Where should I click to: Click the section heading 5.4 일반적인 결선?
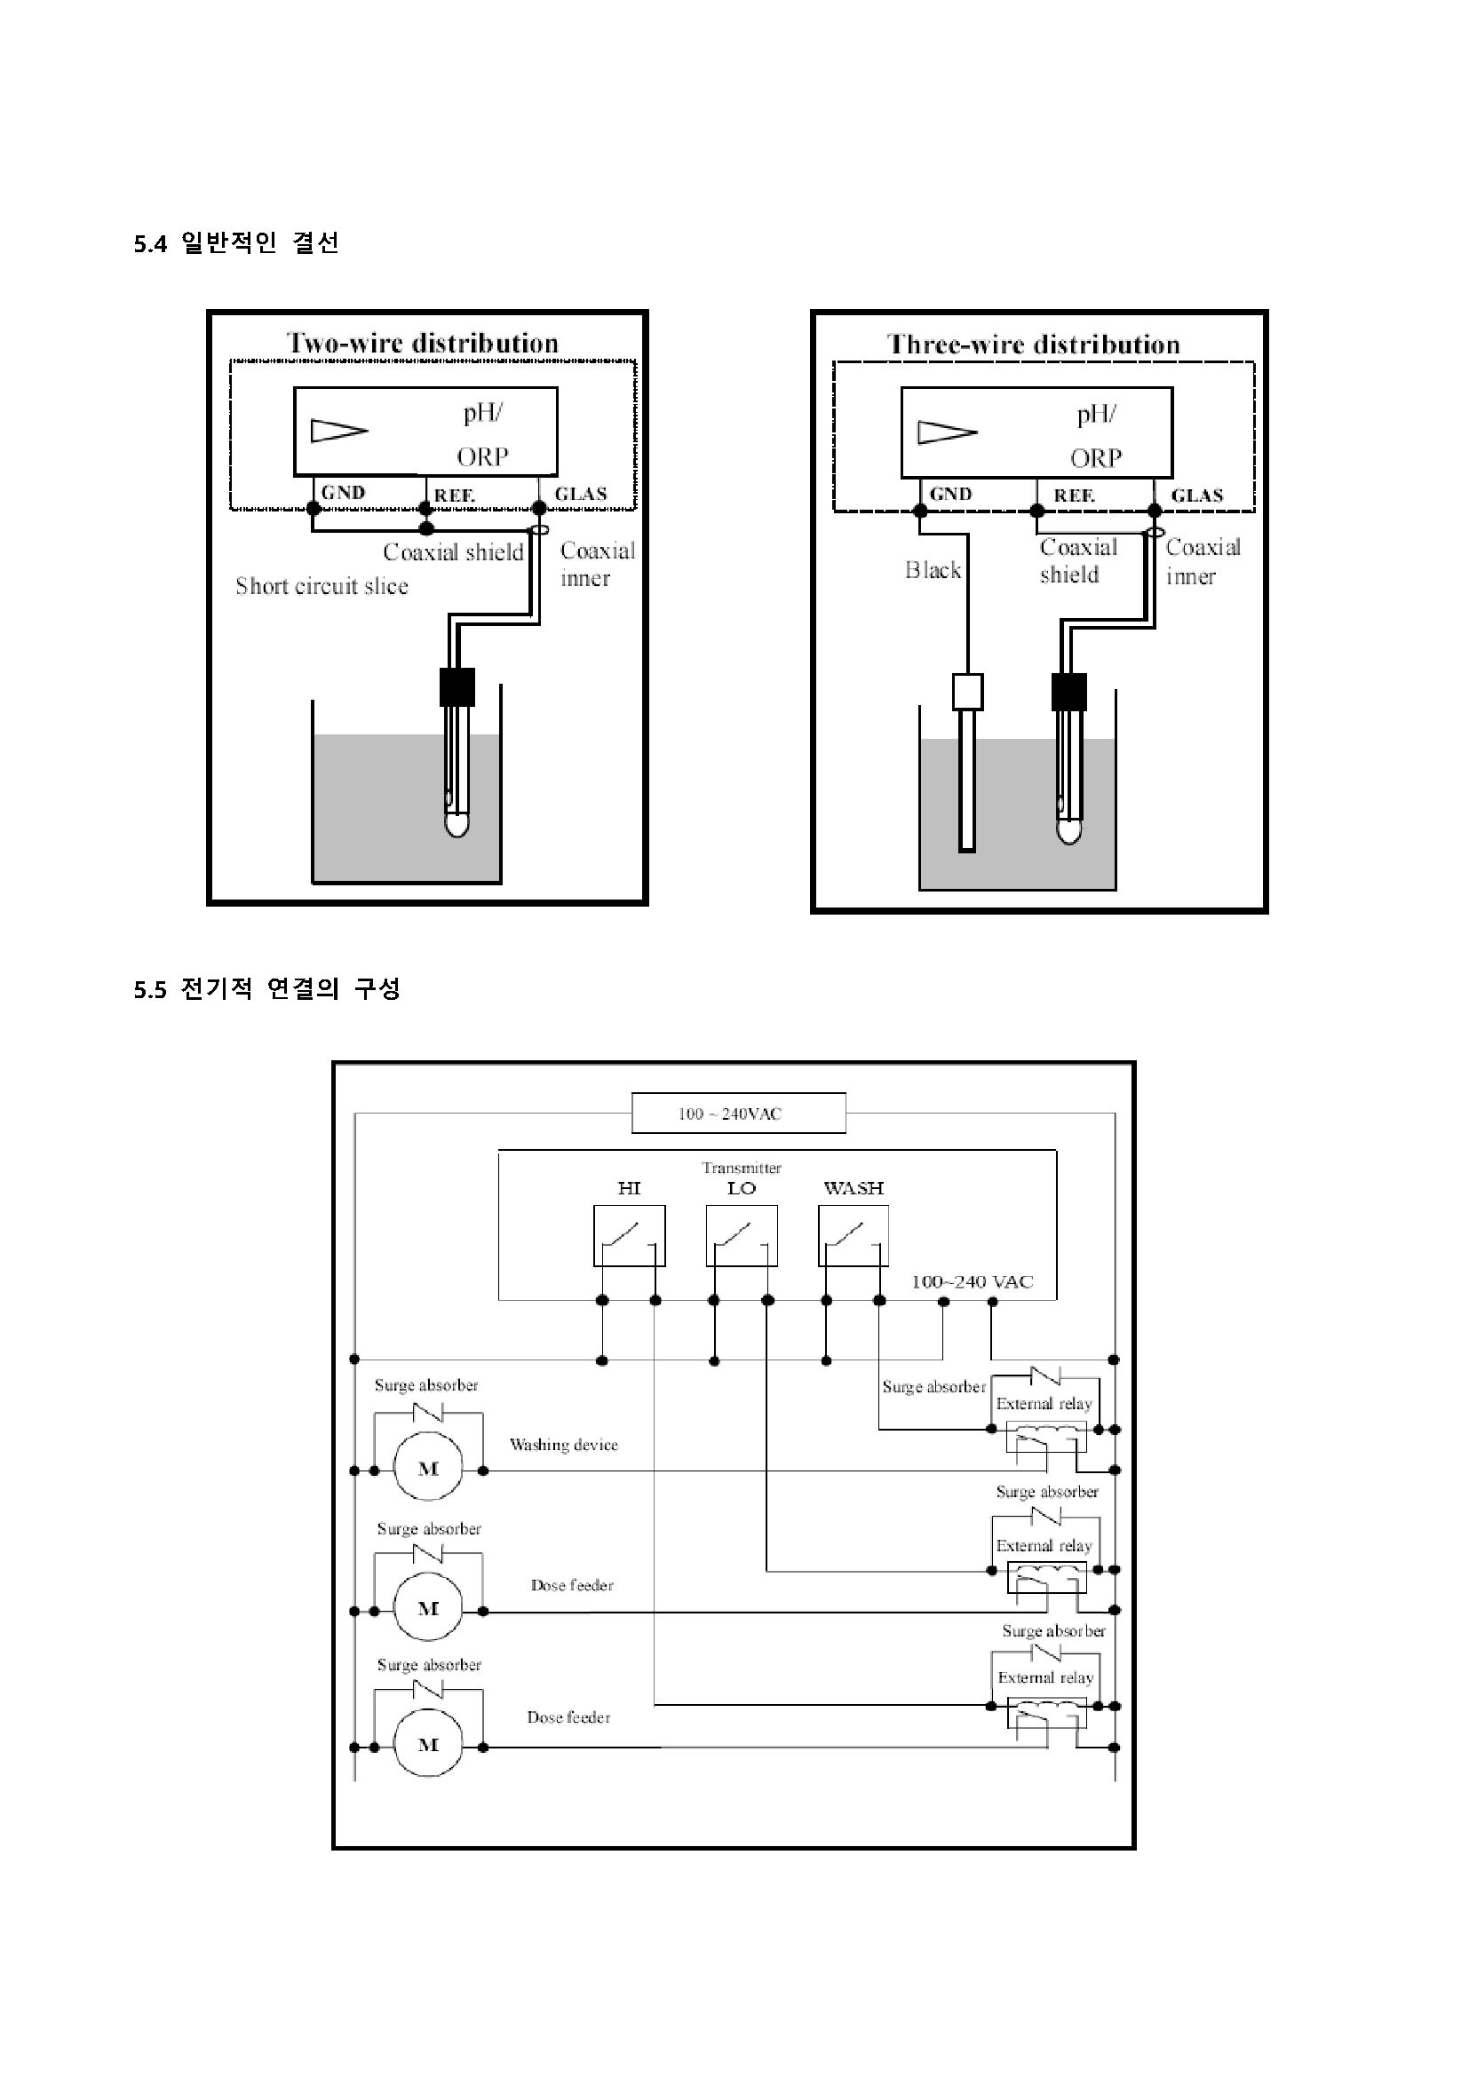point(236,243)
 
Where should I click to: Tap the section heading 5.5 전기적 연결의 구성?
point(266,988)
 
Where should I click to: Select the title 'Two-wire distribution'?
point(423,343)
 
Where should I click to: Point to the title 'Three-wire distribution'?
point(1034,345)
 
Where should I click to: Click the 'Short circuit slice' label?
point(322,586)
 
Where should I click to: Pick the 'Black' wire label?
point(933,570)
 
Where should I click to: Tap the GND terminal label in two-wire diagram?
point(343,492)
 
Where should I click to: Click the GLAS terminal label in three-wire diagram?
point(1196,495)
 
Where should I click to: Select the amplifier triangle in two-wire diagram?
point(339,431)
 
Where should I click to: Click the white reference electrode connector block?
point(968,692)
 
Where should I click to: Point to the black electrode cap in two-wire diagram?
point(457,686)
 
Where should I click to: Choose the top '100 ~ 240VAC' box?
point(739,1113)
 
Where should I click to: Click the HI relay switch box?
point(630,1236)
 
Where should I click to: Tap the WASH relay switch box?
point(853,1236)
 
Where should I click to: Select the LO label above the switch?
point(742,1189)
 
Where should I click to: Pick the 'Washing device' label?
point(564,1445)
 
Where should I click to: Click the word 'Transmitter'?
point(742,1168)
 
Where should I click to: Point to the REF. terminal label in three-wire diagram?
point(1075,495)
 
